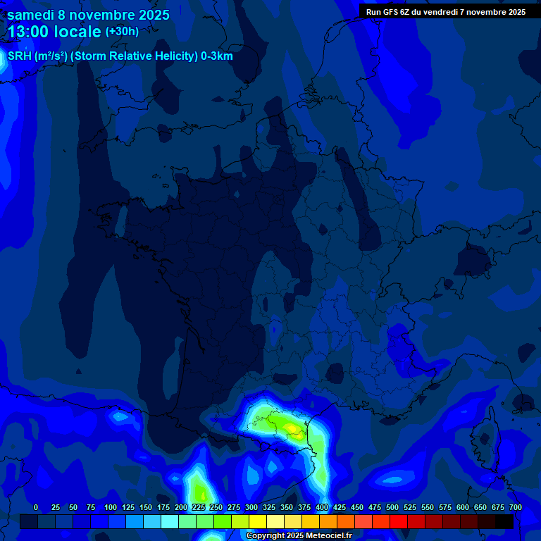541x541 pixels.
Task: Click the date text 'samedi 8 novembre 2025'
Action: pyautogui.click(x=88, y=14)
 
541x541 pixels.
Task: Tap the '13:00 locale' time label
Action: pyautogui.click(x=54, y=32)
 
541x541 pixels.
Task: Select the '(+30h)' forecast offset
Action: pyautogui.click(x=122, y=32)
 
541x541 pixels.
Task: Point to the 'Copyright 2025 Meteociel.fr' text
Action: pyautogui.click(x=299, y=535)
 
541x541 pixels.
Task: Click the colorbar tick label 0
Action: pyautogui.click(x=36, y=507)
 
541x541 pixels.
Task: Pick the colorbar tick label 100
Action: pyautogui.click(x=111, y=507)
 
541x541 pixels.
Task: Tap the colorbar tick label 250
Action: pyautogui.click(x=216, y=507)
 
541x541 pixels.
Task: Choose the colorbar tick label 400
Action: pyautogui.click(x=322, y=507)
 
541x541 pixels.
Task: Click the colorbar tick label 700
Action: pyautogui.click(x=516, y=507)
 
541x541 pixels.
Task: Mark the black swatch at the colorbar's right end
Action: pyautogui.click(x=504, y=521)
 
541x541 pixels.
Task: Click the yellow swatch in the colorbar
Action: pyautogui.click(x=258, y=521)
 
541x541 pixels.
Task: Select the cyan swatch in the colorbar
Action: pyautogui.click(x=170, y=521)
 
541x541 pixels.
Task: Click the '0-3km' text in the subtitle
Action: pyautogui.click(x=217, y=56)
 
